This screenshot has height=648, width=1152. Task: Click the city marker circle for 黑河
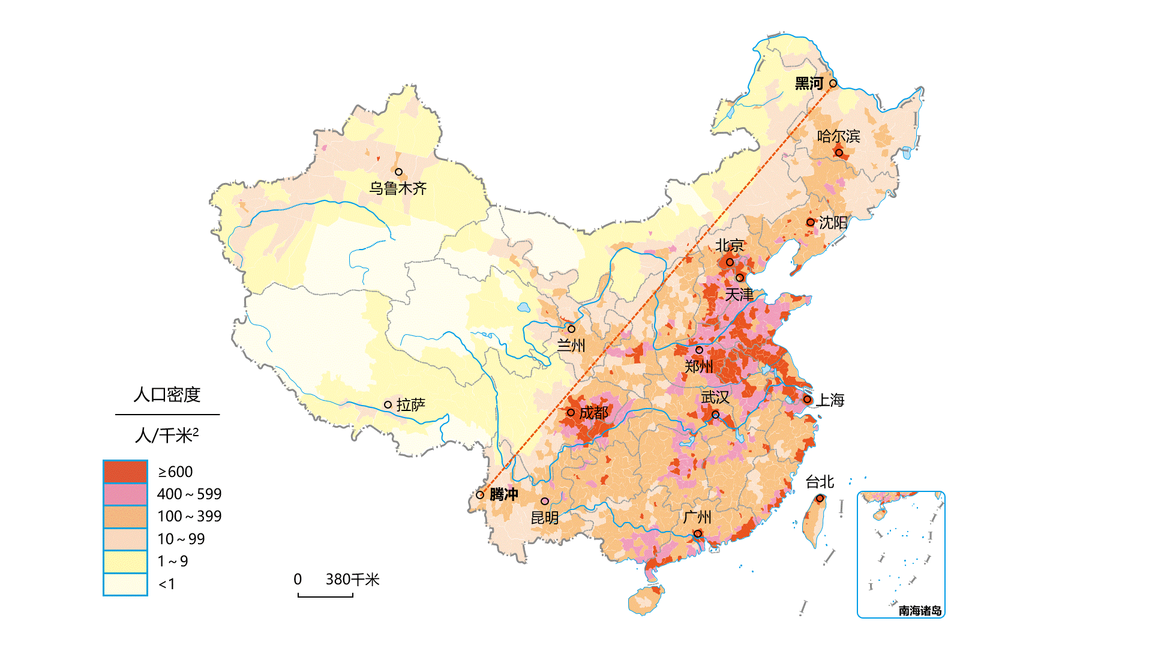pos(833,83)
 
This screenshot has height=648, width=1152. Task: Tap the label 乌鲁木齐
pos(398,188)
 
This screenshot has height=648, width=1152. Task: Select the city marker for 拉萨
pos(388,405)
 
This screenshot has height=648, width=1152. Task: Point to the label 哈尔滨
pos(838,136)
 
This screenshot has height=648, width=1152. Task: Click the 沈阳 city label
pos(833,223)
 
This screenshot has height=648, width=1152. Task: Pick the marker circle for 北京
pos(730,262)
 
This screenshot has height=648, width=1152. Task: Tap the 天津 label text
pos(739,295)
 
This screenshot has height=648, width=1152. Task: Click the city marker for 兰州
pos(571,329)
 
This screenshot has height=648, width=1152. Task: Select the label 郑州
pos(698,366)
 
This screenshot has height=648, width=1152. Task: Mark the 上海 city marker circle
pos(807,399)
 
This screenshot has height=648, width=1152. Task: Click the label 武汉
pos(715,397)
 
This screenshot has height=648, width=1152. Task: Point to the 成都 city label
pos(593,413)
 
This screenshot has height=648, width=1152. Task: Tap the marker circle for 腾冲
pos(480,495)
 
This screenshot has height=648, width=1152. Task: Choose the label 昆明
pos(544,517)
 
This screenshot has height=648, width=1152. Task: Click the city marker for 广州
pos(697,533)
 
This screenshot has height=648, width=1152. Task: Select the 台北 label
pos(819,482)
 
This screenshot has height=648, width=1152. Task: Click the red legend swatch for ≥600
pos(125,472)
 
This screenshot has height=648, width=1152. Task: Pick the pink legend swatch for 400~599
pos(125,494)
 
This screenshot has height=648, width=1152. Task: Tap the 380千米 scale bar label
pos(352,580)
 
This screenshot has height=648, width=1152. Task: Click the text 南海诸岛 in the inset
pos(919,611)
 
